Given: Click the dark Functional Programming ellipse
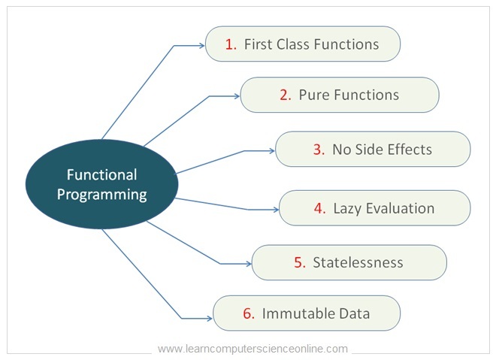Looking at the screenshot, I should [x=101, y=185].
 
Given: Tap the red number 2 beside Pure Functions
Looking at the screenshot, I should [x=284, y=95].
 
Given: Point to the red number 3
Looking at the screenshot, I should [x=318, y=149].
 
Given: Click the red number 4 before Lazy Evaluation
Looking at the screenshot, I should [x=319, y=208].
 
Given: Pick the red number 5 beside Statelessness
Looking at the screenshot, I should [x=299, y=262].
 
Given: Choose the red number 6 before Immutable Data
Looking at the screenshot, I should [x=248, y=313].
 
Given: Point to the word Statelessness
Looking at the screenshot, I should [x=358, y=262].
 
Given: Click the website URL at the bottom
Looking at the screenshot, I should [x=253, y=349].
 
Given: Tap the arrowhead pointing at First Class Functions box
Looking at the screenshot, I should [x=201, y=46].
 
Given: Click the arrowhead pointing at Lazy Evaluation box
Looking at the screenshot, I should [x=275, y=210].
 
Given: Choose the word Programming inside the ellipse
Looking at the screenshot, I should [x=101, y=195].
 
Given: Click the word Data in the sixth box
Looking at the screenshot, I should [x=354, y=313].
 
